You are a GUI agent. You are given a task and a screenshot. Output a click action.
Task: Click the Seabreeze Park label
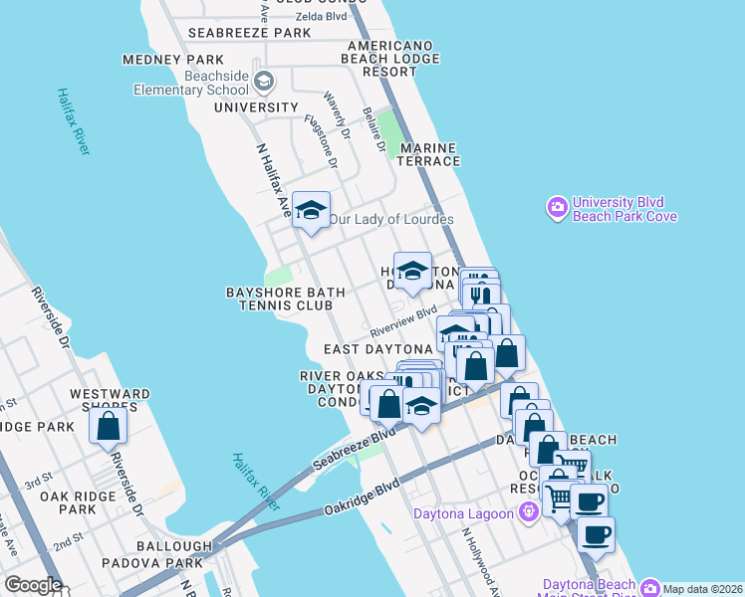point(250,33)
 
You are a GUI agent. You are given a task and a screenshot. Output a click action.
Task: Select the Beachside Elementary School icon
point(263,81)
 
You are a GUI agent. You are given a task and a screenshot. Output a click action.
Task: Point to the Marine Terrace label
point(430,154)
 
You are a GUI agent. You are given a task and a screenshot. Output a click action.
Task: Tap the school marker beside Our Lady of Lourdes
point(311,211)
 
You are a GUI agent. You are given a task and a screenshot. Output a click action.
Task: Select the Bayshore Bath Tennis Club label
point(285,298)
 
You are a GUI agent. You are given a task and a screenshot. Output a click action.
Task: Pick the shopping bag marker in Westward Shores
point(109,425)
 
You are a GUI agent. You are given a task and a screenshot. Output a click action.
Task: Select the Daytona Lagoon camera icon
point(529,511)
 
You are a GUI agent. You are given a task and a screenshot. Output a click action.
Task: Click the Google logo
point(32,585)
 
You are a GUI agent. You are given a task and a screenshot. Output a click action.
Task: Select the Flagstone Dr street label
point(321,142)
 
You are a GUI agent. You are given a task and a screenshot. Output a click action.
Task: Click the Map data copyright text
point(703,588)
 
